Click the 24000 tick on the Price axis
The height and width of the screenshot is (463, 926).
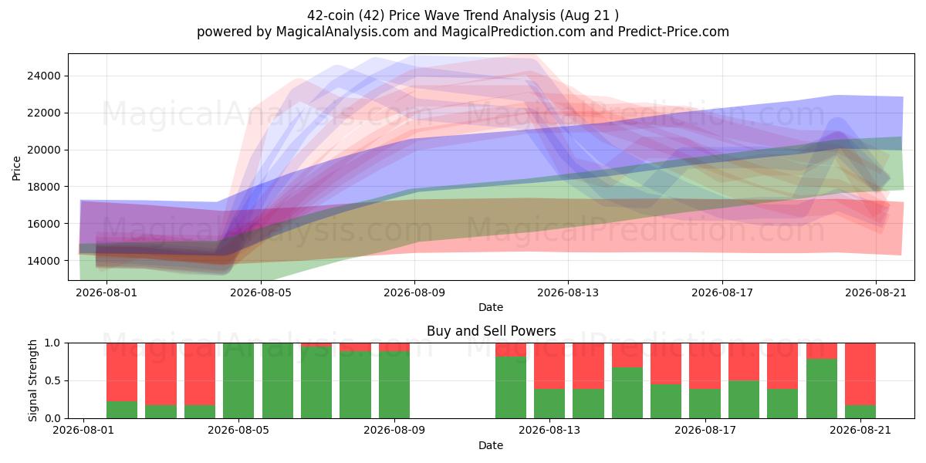[43, 76]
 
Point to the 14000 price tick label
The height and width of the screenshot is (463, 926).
[43, 261]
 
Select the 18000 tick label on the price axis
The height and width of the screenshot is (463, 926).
[43, 187]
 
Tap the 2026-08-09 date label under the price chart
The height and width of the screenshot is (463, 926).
[414, 292]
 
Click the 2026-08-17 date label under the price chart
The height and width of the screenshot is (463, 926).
[722, 292]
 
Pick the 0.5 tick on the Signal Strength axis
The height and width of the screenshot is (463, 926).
[53, 380]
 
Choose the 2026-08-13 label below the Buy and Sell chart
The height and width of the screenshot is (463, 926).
[549, 431]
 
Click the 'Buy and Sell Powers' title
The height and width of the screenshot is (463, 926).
[491, 331]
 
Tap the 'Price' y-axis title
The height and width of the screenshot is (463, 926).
[16, 168]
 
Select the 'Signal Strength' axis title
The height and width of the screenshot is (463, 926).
[32, 380]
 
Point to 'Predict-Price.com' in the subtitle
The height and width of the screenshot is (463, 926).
[674, 32]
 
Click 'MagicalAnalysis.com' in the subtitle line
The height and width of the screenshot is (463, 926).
[343, 32]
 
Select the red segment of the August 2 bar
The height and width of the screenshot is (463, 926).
[122, 372]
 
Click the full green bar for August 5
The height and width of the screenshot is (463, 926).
[238, 380]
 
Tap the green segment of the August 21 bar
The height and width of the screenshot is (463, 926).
[860, 412]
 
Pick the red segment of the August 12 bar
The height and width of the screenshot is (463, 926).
[511, 350]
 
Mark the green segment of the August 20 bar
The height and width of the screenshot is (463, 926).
[822, 389]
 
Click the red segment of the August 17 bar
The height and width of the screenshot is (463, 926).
[705, 366]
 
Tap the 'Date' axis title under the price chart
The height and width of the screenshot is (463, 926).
[491, 307]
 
